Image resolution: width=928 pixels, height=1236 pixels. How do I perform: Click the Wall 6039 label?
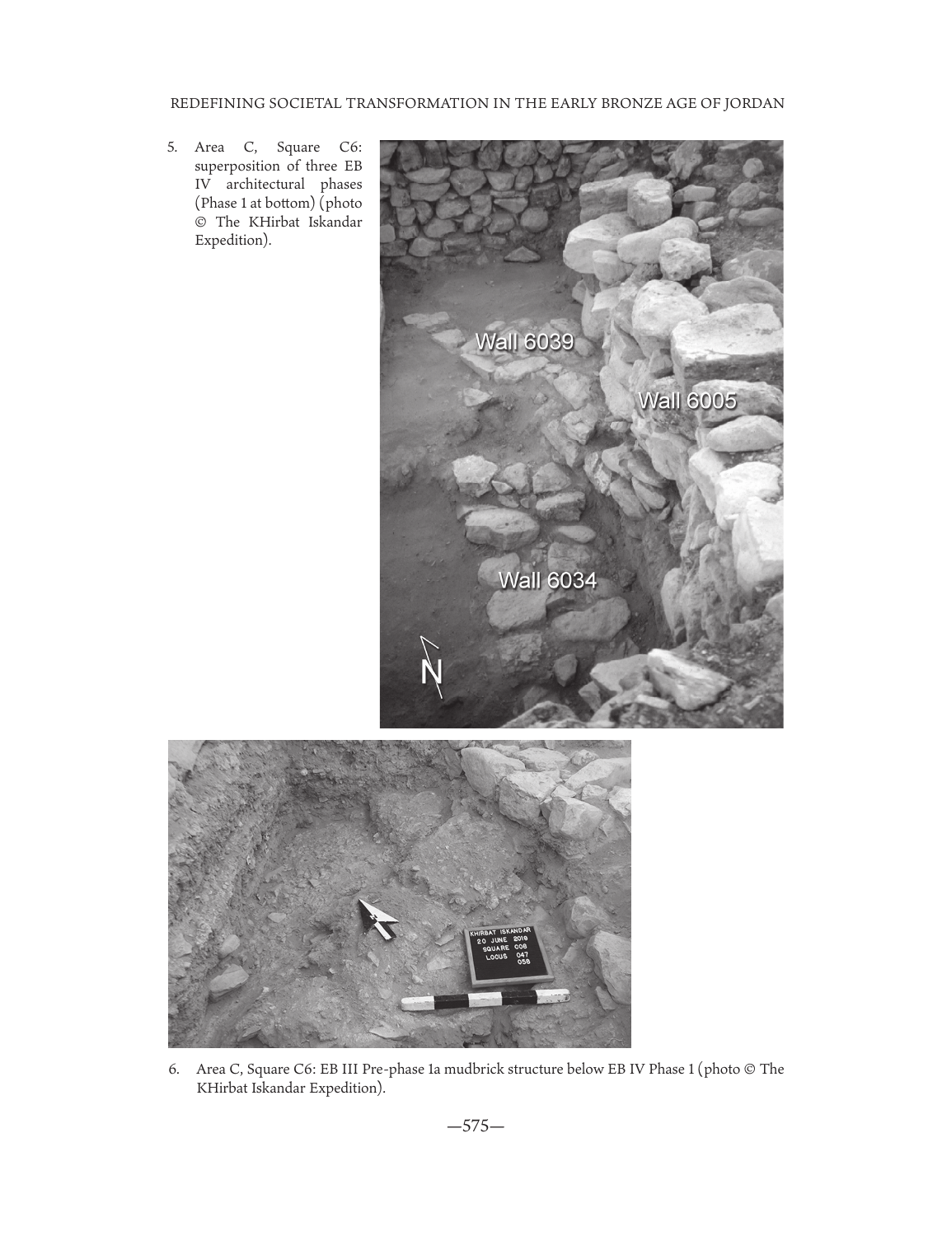click(x=524, y=341)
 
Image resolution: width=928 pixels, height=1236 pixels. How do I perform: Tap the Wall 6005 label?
click(x=687, y=400)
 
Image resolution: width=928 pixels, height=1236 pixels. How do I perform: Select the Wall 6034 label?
click(x=547, y=580)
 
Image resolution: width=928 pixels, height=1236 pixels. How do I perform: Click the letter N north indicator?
click(x=431, y=672)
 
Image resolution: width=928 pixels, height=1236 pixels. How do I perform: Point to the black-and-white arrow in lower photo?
click(x=376, y=917)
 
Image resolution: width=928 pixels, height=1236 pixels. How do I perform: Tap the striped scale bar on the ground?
click(x=485, y=1000)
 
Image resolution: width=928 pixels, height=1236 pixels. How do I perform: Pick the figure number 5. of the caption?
click(x=172, y=147)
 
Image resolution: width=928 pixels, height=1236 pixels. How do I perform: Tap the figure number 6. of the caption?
click(x=174, y=1070)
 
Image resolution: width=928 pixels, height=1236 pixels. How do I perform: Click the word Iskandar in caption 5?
click(x=334, y=222)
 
